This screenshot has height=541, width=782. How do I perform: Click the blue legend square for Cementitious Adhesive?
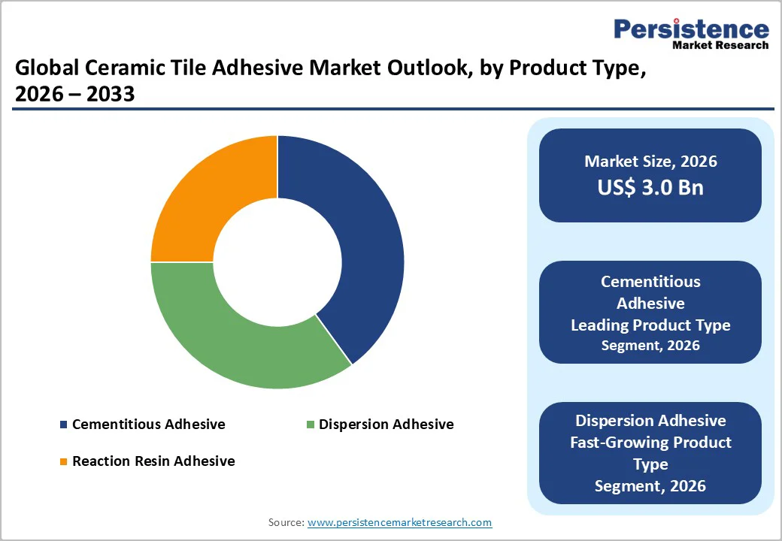[63, 425]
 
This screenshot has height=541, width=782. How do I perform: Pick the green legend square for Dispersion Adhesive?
[310, 425]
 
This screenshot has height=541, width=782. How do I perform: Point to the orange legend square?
[63, 461]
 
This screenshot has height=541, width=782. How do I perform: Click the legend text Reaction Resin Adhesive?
[153, 461]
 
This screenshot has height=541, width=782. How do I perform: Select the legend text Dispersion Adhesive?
[386, 425]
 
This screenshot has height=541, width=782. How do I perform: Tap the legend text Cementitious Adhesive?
[148, 425]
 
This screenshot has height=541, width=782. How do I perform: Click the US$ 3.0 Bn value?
[650, 187]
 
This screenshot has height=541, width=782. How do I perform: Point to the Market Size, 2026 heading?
[650, 162]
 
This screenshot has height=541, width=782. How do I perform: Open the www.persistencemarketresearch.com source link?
[399, 522]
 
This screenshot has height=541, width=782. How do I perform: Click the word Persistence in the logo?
[691, 29]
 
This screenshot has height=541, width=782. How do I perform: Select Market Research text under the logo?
[720, 46]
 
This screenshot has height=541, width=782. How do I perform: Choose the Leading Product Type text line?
[650, 325]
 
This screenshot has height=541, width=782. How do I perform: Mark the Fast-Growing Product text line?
[650, 442]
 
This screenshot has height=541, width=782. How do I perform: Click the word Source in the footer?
[286, 522]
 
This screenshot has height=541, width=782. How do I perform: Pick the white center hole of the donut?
[277, 262]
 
